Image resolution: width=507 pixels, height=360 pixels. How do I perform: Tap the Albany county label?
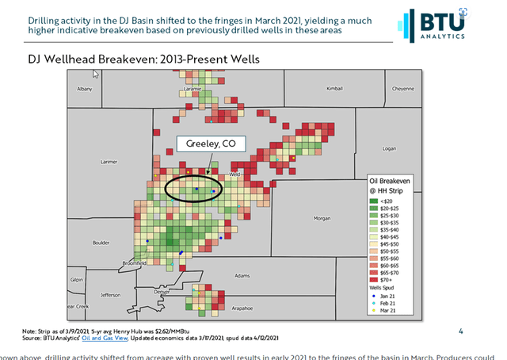click(85, 90)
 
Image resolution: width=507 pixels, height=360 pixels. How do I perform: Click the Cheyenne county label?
click(403, 89)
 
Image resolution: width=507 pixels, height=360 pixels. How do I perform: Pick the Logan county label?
click(388, 147)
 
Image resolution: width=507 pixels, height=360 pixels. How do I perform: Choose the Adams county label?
click(242, 275)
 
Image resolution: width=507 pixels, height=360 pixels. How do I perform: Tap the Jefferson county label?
click(110, 294)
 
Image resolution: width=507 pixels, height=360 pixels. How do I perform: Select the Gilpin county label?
click(76, 279)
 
